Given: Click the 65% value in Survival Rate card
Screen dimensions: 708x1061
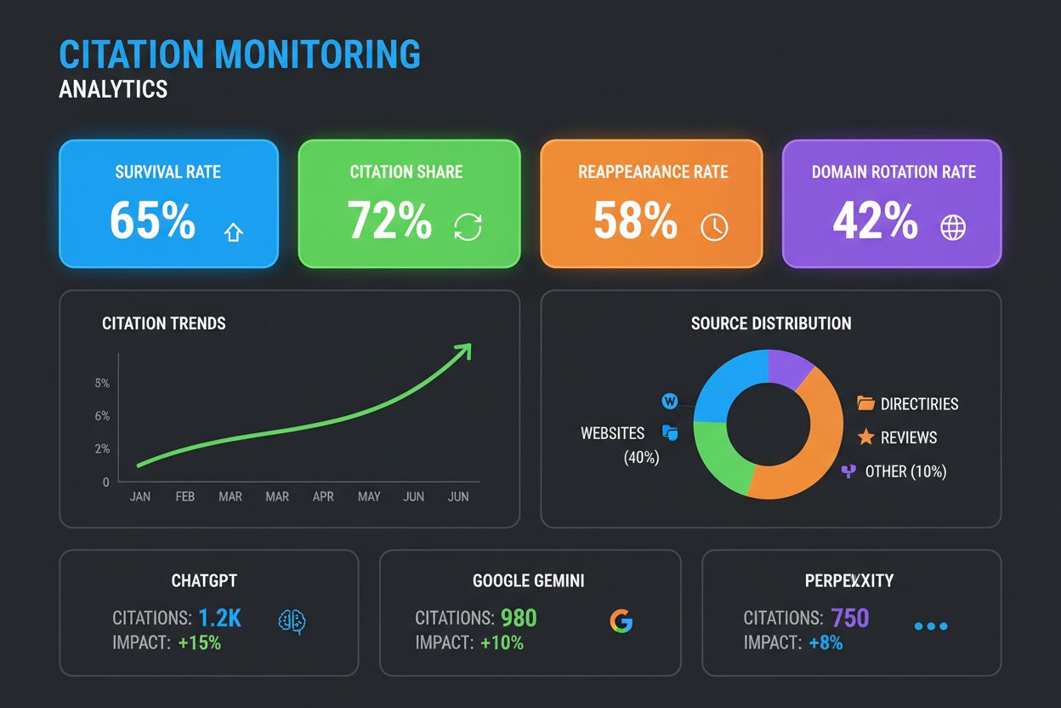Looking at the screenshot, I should tap(152, 221).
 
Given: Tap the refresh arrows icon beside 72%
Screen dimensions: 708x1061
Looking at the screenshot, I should tap(468, 227).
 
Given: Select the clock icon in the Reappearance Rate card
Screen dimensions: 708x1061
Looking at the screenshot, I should tap(714, 227).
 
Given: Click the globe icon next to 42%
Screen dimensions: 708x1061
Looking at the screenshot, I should tap(953, 227).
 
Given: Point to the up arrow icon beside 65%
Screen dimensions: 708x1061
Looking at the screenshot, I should tap(233, 231).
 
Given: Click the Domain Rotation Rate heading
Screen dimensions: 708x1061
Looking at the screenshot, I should tap(894, 172).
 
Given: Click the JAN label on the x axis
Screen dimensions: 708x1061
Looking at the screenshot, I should tap(140, 497).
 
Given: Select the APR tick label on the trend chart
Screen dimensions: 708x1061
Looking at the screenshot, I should tap(323, 497).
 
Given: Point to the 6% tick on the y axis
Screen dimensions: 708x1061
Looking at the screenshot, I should tap(102, 416).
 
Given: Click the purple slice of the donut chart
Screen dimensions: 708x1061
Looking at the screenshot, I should tap(789, 368).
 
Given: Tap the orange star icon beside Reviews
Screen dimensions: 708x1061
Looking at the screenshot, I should tap(865, 437).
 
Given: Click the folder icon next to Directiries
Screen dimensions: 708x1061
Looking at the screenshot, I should tap(865, 403).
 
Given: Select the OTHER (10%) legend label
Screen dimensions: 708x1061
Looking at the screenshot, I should tap(905, 471).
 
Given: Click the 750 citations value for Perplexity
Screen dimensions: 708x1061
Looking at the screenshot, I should tap(850, 618).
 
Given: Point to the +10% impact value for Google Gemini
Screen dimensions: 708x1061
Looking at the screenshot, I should tap(502, 643).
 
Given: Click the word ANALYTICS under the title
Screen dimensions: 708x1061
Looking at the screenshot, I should tap(113, 88).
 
